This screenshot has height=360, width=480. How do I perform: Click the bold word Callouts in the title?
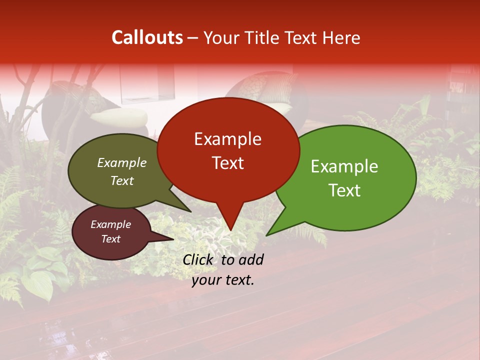pos(147,37)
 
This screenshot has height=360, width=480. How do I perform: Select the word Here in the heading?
pos(341,37)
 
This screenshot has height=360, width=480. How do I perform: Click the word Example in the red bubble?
pos(227,139)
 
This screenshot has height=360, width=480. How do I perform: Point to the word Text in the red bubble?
pos(227,163)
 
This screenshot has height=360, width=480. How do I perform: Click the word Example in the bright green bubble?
pos(344,166)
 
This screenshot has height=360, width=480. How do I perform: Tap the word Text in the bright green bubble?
pos(344,190)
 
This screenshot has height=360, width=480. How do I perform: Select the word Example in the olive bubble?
pos(122,162)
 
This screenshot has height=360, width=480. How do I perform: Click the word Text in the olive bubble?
pos(122,180)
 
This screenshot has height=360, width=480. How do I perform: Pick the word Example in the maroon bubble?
pos(111,224)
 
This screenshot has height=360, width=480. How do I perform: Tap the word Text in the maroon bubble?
pos(111,239)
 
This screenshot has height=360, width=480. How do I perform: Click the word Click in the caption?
pos(198,259)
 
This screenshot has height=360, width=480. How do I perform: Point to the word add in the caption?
pos(251,259)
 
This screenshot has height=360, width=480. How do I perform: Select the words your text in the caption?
pos(223,280)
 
